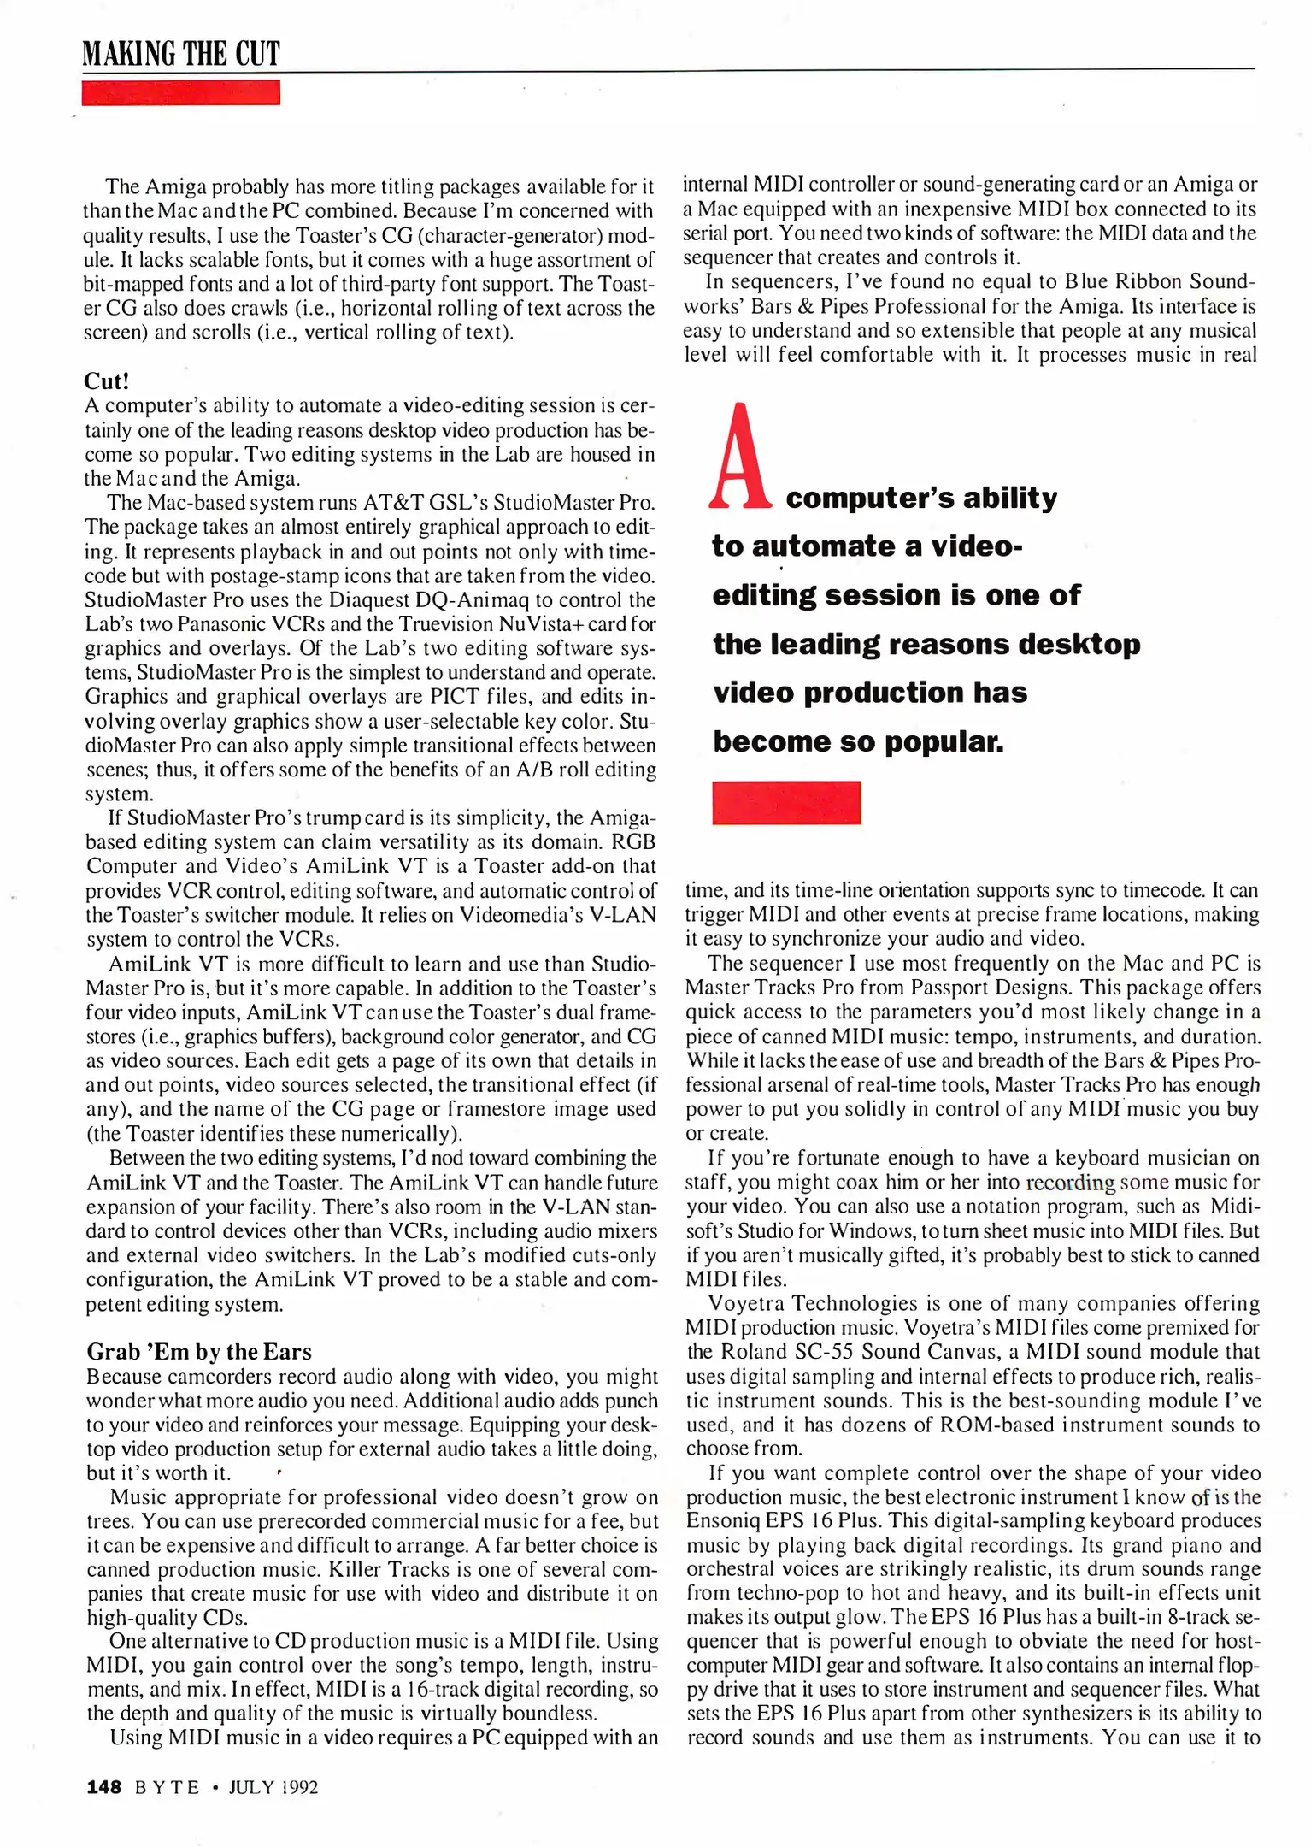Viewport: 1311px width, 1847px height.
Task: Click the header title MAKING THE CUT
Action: pyautogui.click(x=181, y=54)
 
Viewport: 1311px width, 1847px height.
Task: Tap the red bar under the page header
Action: pyautogui.click(x=181, y=92)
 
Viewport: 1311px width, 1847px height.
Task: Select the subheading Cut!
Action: pyautogui.click(x=107, y=381)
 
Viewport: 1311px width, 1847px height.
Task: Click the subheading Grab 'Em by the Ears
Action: pyautogui.click(x=199, y=1352)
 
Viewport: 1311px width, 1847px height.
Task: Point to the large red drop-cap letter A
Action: pyautogui.click(x=740, y=457)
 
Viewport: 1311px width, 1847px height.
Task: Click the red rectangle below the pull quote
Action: pyautogui.click(x=786, y=803)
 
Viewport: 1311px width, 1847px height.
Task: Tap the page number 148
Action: pyautogui.click(x=104, y=1787)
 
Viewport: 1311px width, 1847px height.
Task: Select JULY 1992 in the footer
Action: pyautogui.click(x=273, y=1787)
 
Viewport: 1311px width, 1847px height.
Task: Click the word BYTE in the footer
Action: pyautogui.click(x=168, y=1787)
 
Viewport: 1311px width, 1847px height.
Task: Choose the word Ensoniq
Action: pyautogui.click(x=723, y=1521)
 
